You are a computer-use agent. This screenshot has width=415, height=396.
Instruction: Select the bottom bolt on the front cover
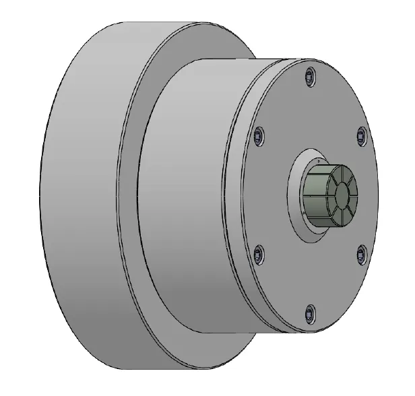pos(309,312)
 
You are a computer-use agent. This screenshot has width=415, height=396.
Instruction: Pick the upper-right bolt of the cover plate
pos(360,135)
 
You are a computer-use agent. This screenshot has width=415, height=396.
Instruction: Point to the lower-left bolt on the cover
pos(259,254)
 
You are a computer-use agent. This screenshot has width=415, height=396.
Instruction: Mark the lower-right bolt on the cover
pos(360,253)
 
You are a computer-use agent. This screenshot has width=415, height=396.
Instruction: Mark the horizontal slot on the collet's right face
pos(354,195)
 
